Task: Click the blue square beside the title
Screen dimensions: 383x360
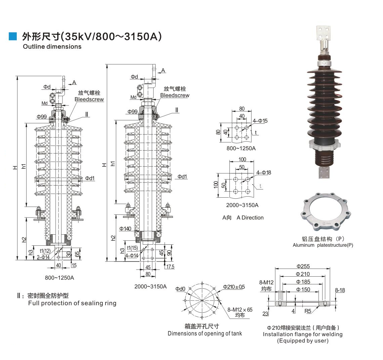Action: click(13, 36)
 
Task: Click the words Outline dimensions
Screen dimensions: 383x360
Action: click(52, 46)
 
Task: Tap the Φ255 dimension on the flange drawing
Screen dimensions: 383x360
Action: click(303, 266)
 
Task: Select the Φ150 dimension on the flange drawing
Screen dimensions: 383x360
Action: click(303, 289)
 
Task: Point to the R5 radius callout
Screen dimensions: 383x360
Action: click(308, 311)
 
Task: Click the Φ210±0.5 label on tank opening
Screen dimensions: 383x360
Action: click(234, 287)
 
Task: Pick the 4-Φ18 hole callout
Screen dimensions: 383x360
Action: click(263, 172)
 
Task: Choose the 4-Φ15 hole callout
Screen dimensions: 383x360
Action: click(260, 121)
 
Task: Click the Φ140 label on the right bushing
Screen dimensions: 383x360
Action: click(125, 229)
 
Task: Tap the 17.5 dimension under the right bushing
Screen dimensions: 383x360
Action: click(170, 267)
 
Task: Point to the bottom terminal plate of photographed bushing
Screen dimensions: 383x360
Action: click(325, 172)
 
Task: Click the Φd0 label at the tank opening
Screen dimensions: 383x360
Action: click(180, 289)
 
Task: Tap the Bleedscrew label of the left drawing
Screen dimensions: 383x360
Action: click(89, 99)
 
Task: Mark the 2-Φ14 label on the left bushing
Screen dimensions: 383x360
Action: click(43, 257)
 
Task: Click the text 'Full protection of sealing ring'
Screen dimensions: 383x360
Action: click(72, 303)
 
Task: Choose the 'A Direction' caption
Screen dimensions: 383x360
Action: click(250, 217)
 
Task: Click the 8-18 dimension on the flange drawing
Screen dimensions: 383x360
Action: click(340, 290)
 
